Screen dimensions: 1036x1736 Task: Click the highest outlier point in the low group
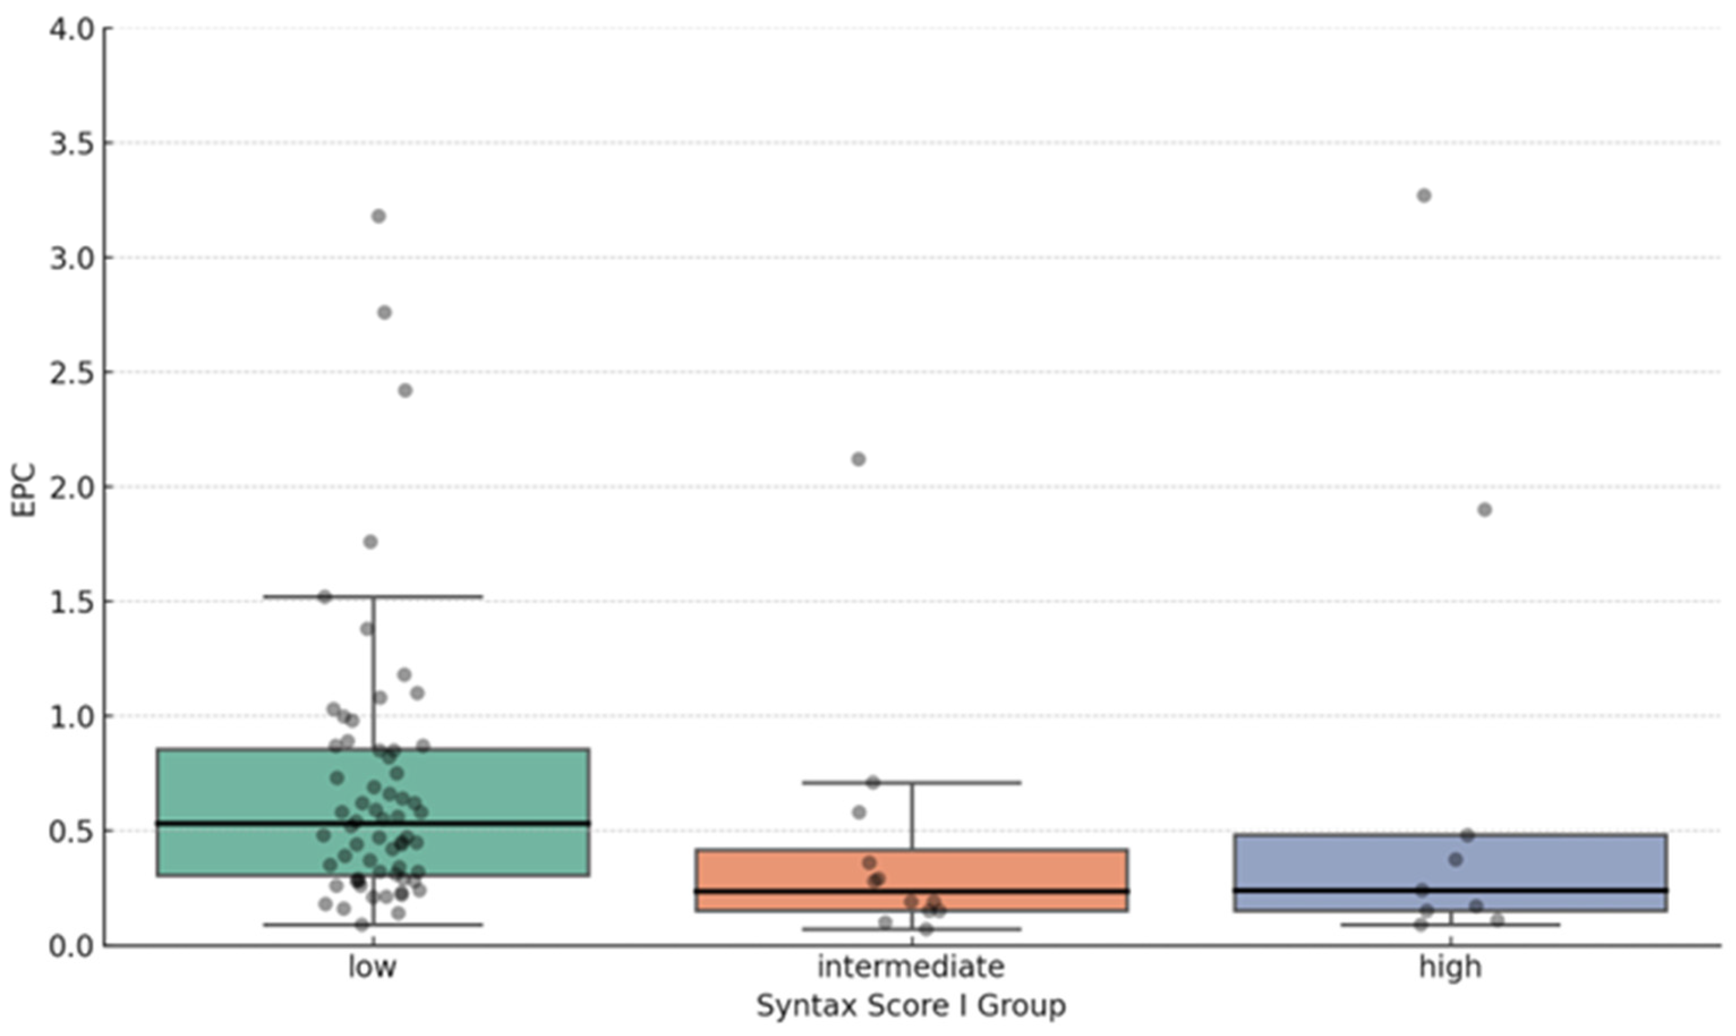[x=378, y=216]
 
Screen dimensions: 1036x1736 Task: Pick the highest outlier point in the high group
[x=1424, y=195]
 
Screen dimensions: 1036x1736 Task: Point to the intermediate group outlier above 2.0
[x=858, y=459]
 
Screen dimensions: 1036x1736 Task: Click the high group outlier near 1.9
[x=1485, y=510]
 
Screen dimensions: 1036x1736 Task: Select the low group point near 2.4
[x=405, y=390]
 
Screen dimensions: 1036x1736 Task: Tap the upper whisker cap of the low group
[x=433, y=597]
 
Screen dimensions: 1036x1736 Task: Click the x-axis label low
[x=372, y=967]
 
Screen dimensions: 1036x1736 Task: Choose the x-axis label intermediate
[x=911, y=967]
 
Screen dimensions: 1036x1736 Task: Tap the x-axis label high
[x=1450, y=967]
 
